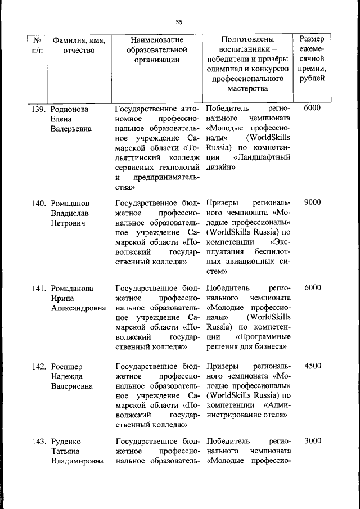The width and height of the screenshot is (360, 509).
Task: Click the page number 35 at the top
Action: click(x=179, y=22)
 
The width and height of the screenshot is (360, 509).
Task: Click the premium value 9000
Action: click(x=312, y=202)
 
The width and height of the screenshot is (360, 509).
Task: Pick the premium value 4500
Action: click(x=312, y=366)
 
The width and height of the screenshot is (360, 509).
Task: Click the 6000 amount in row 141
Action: click(x=312, y=287)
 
